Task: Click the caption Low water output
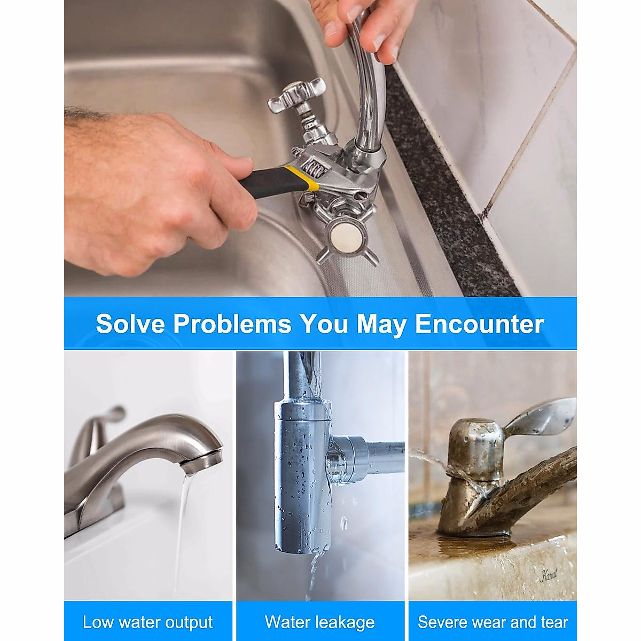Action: coord(148,622)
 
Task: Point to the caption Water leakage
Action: coord(320,622)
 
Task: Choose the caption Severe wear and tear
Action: coord(493,622)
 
